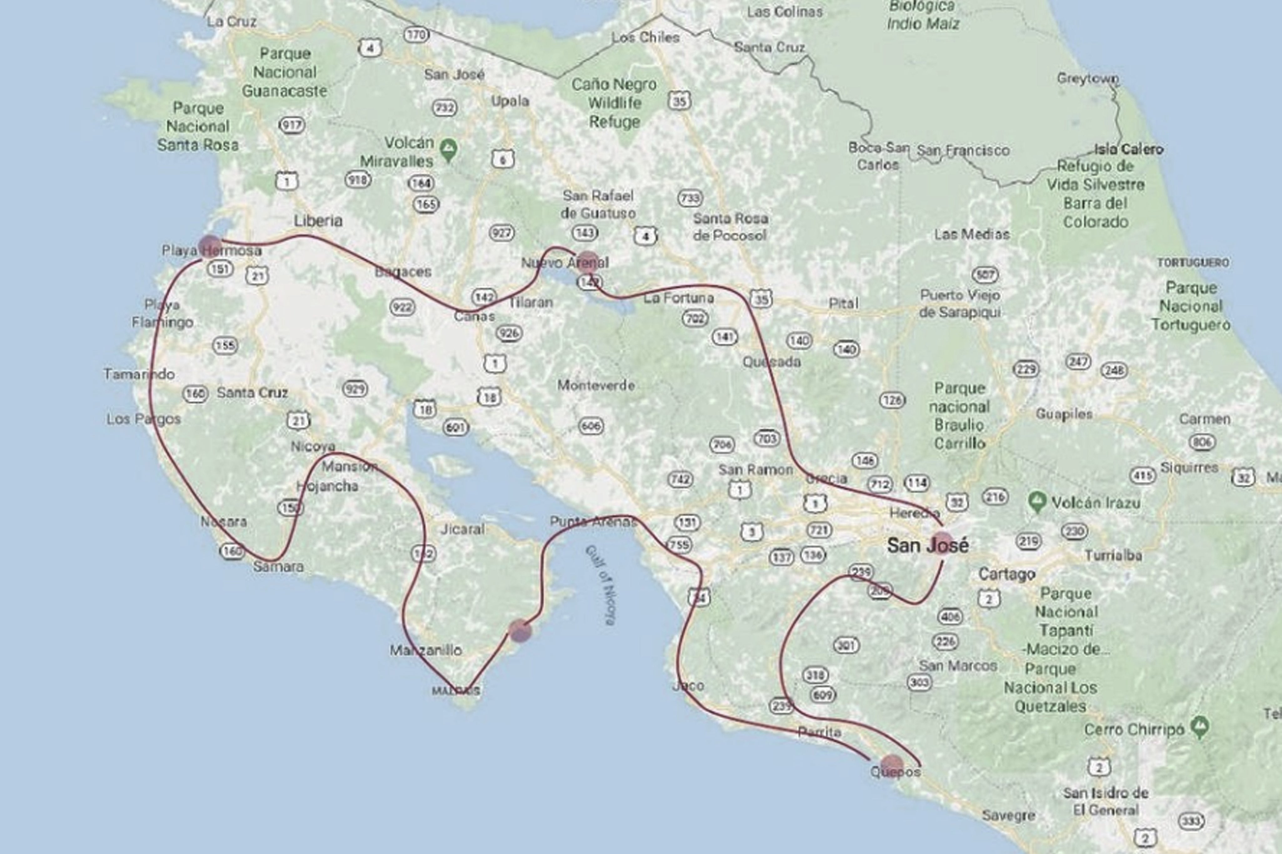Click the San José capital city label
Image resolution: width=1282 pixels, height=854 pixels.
927,545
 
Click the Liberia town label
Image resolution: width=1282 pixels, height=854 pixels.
318,221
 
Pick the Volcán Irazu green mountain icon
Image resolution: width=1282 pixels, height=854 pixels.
1037,502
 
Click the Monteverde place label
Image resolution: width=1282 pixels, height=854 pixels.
596,386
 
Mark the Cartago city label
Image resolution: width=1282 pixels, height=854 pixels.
1006,574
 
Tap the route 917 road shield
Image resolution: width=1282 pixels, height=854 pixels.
291,125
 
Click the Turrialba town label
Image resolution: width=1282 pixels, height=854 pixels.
1113,556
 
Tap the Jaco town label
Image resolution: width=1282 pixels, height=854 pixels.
688,686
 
